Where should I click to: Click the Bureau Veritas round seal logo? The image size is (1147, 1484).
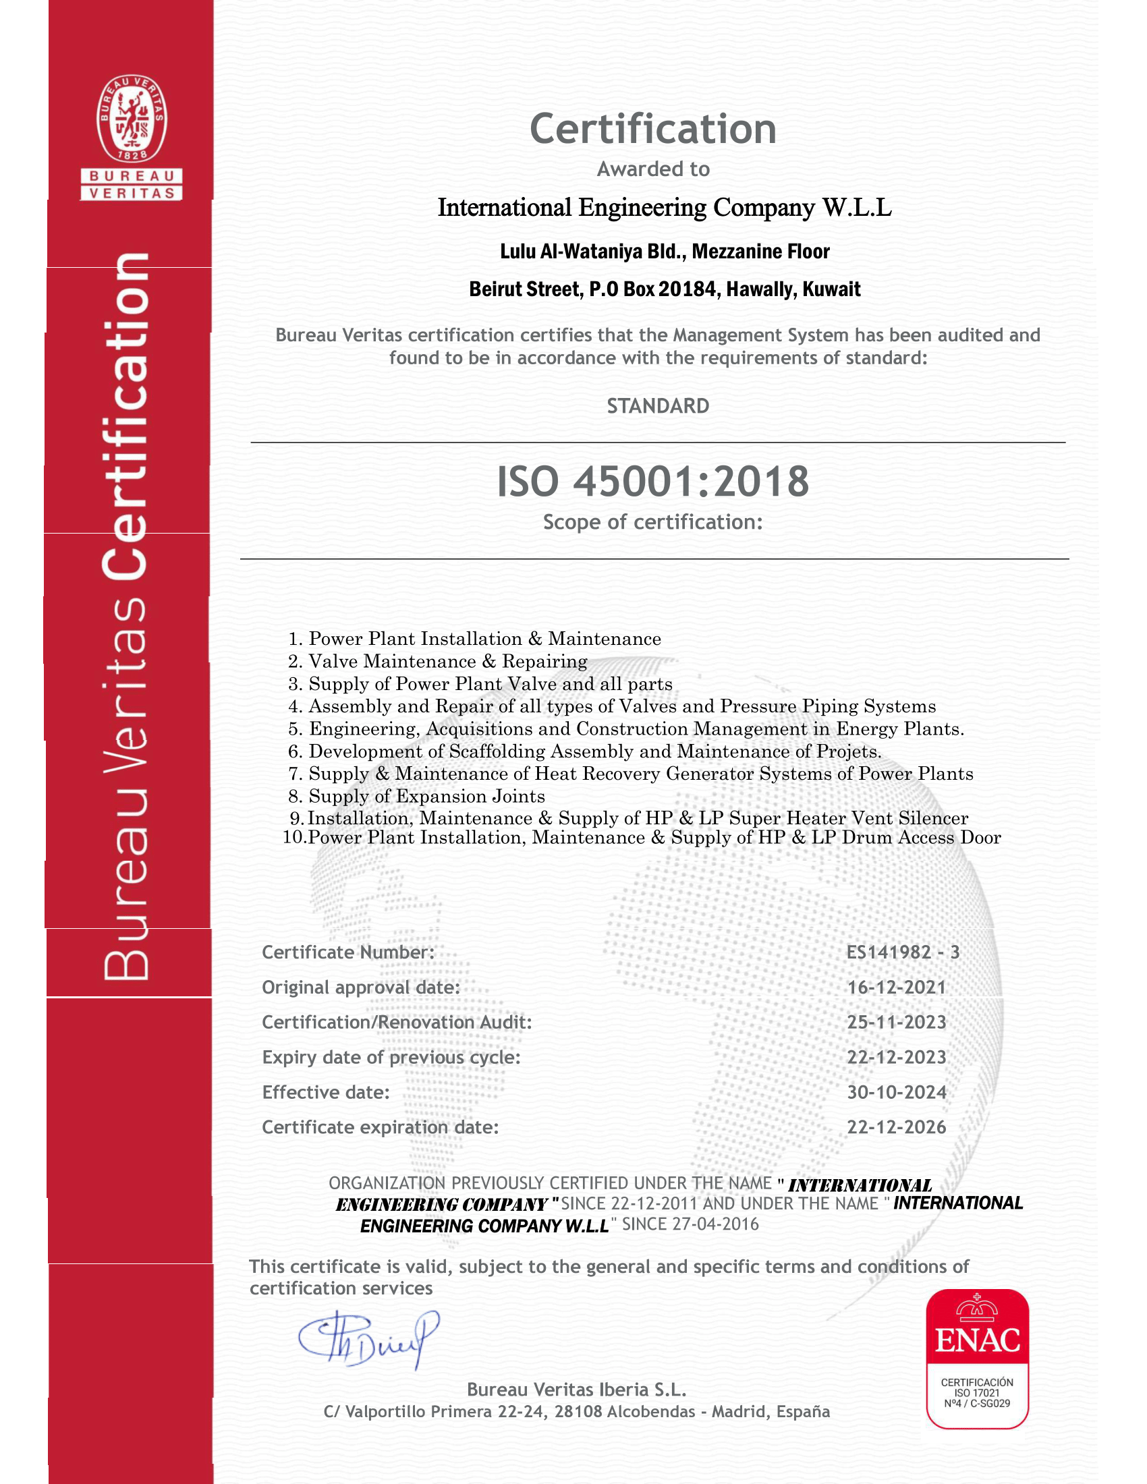pos(131,119)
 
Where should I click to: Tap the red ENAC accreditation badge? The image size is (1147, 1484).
pos(977,1359)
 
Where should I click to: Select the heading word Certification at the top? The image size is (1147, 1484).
pos(652,128)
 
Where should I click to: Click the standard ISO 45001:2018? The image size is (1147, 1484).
pos(652,481)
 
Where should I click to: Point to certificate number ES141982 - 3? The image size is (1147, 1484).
pos(902,952)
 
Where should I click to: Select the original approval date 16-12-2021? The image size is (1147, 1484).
pos(896,988)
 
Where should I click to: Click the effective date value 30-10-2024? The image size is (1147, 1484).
pos(896,1092)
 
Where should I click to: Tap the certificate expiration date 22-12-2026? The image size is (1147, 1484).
pos(896,1127)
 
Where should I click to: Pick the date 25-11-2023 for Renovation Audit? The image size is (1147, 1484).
pos(896,1022)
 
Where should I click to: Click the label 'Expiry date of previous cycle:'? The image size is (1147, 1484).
pos(391,1057)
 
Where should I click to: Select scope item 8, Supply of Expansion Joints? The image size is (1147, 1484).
pos(426,796)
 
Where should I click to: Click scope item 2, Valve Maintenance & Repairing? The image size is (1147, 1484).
pos(448,661)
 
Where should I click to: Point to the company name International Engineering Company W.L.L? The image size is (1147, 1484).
pos(665,207)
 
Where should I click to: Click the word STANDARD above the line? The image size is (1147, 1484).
pos(658,406)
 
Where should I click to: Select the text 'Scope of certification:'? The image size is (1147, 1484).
pos(652,522)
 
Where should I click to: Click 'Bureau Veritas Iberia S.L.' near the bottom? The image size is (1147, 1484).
pos(576,1389)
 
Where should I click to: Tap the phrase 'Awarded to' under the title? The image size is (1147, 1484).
pos(653,169)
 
